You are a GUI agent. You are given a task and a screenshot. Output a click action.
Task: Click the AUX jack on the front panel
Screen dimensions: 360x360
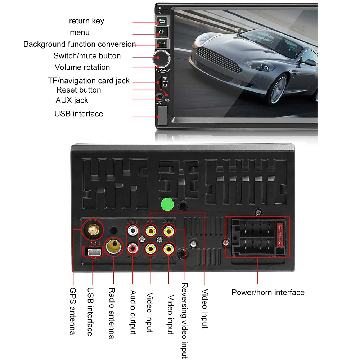coord(159,97)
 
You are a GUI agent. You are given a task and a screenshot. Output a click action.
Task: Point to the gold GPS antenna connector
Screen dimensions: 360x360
coord(92,229)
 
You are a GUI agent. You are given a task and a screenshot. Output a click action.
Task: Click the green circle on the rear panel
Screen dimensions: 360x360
coord(167,204)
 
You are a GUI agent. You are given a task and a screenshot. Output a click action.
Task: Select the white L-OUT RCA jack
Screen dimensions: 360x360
coord(133,230)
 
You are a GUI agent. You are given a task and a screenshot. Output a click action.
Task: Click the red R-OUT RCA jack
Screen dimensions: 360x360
coord(133,248)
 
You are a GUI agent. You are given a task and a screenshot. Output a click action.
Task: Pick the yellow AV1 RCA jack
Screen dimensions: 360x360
coord(150,230)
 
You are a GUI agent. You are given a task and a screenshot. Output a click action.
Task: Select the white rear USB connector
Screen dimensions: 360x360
coord(92,251)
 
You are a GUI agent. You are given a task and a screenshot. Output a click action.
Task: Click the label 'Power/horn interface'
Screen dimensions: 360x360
coord(268,292)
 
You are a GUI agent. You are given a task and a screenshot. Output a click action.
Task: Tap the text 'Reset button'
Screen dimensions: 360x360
coord(78,90)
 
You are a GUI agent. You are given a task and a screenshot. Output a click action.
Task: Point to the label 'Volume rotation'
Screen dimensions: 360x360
coord(82,67)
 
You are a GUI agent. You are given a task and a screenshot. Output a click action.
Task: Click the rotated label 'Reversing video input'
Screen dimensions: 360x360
coord(184,320)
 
